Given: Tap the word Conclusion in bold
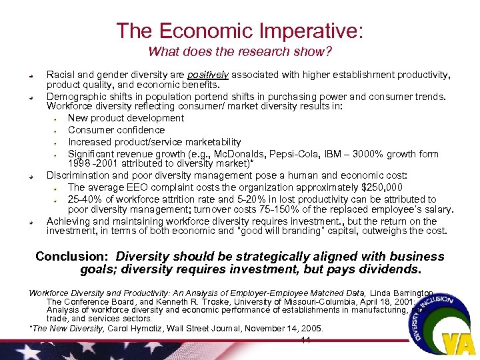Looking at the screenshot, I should coord(72,257).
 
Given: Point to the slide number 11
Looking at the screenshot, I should coord(306,341).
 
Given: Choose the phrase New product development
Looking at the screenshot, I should coord(126,118).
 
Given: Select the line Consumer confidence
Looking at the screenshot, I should coord(116,130).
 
